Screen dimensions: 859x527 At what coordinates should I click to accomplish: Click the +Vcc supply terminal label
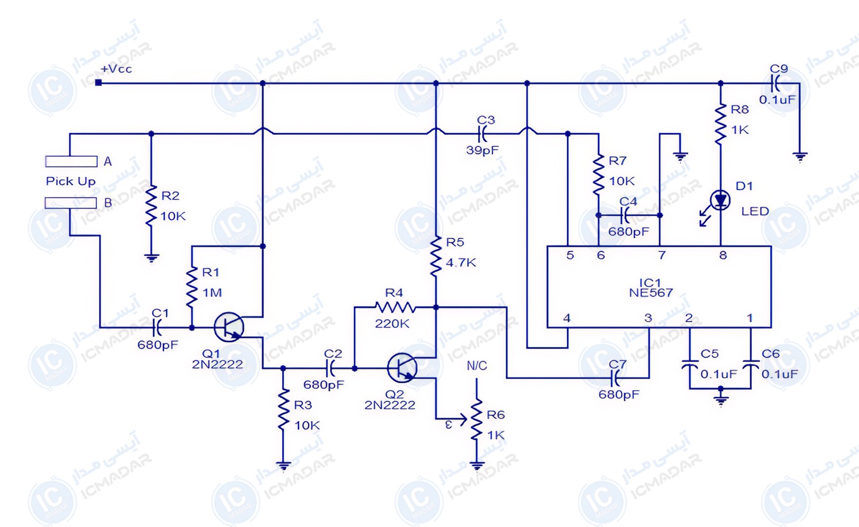[116, 69]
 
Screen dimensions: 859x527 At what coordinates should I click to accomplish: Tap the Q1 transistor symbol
[229, 327]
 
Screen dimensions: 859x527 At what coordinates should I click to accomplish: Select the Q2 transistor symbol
[402, 368]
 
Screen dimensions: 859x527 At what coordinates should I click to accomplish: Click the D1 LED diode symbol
[721, 200]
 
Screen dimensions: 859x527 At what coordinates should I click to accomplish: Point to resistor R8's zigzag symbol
[721, 124]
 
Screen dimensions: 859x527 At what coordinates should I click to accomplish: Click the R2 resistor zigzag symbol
[151, 205]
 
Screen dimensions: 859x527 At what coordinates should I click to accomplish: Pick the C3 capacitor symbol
[483, 133]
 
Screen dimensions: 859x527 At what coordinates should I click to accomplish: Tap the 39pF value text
[482, 150]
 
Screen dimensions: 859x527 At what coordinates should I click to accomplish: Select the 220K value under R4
[392, 324]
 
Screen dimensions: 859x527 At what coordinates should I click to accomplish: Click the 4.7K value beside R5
[461, 263]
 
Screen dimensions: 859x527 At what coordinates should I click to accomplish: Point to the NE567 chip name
[651, 293]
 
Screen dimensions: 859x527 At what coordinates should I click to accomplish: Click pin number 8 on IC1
[723, 255]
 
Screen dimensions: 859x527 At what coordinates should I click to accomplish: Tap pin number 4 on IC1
[567, 318]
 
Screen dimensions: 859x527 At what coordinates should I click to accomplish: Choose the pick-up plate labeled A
[71, 161]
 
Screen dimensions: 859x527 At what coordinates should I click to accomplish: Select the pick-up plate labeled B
[71, 203]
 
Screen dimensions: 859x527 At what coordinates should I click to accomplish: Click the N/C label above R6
[477, 365]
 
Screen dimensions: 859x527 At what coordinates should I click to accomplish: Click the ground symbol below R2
[152, 259]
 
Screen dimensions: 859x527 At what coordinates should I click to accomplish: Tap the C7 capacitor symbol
[616, 378]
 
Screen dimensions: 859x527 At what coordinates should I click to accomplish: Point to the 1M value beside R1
[212, 293]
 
